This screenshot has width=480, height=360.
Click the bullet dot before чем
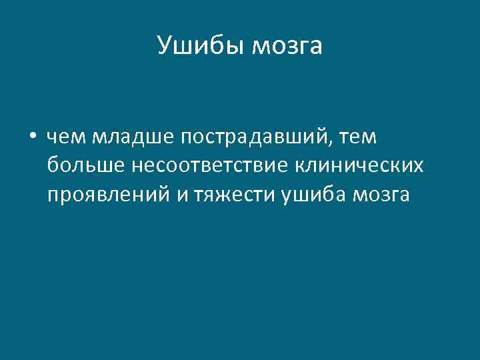tap(32, 137)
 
